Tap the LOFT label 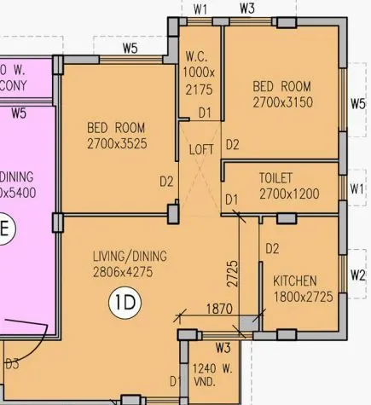click(x=200, y=149)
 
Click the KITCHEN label click(x=295, y=281)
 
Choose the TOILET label click(x=276, y=178)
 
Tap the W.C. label click(x=197, y=56)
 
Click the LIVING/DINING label click(x=130, y=256)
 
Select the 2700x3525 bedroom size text click(x=117, y=144)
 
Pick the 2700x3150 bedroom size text click(x=283, y=102)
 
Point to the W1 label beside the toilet click(x=358, y=188)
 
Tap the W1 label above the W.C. click(x=201, y=9)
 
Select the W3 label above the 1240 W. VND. click(x=223, y=348)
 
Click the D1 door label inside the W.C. click(x=206, y=112)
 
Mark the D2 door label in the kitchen click(x=272, y=249)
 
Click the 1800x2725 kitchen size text click(x=304, y=297)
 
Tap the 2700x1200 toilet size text click(x=289, y=194)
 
